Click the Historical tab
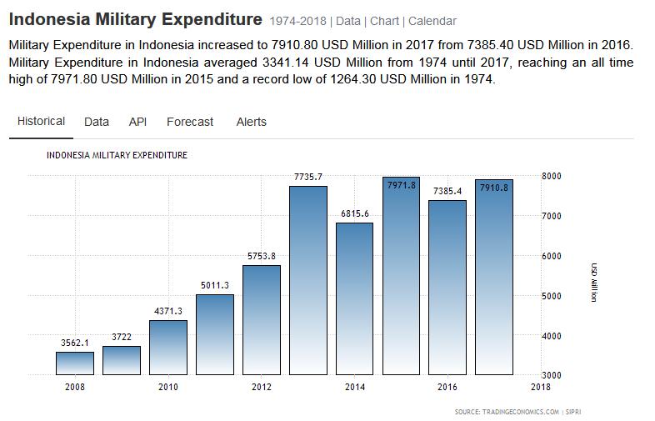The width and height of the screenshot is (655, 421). pyautogui.click(x=41, y=122)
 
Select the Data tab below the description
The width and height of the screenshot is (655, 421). pyautogui.click(x=97, y=122)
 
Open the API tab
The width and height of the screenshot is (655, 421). pyautogui.click(x=137, y=122)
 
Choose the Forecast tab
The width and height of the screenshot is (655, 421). pyautogui.click(x=190, y=122)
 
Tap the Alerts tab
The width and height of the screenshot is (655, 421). pyautogui.click(x=251, y=122)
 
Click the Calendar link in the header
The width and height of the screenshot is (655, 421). pyautogui.click(x=432, y=21)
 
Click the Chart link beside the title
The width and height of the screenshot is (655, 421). pyautogui.click(x=384, y=21)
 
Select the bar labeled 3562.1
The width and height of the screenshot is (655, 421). pyautogui.click(x=75, y=363)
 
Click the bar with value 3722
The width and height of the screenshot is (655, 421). pyautogui.click(x=122, y=360)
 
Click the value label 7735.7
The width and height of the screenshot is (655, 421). pyautogui.click(x=308, y=176)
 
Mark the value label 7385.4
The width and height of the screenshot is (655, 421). pyautogui.click(x=447, y=191)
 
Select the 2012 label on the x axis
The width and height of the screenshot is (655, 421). pyautogui.click(x=261, y=387)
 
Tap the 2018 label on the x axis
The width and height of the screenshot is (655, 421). pyautogui.click(x=540, y=387)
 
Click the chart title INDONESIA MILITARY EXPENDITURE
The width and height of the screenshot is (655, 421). pyautogui.click(x=117, y=155)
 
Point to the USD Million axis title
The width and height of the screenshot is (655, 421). pyautogui.click(x=593, y=282)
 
